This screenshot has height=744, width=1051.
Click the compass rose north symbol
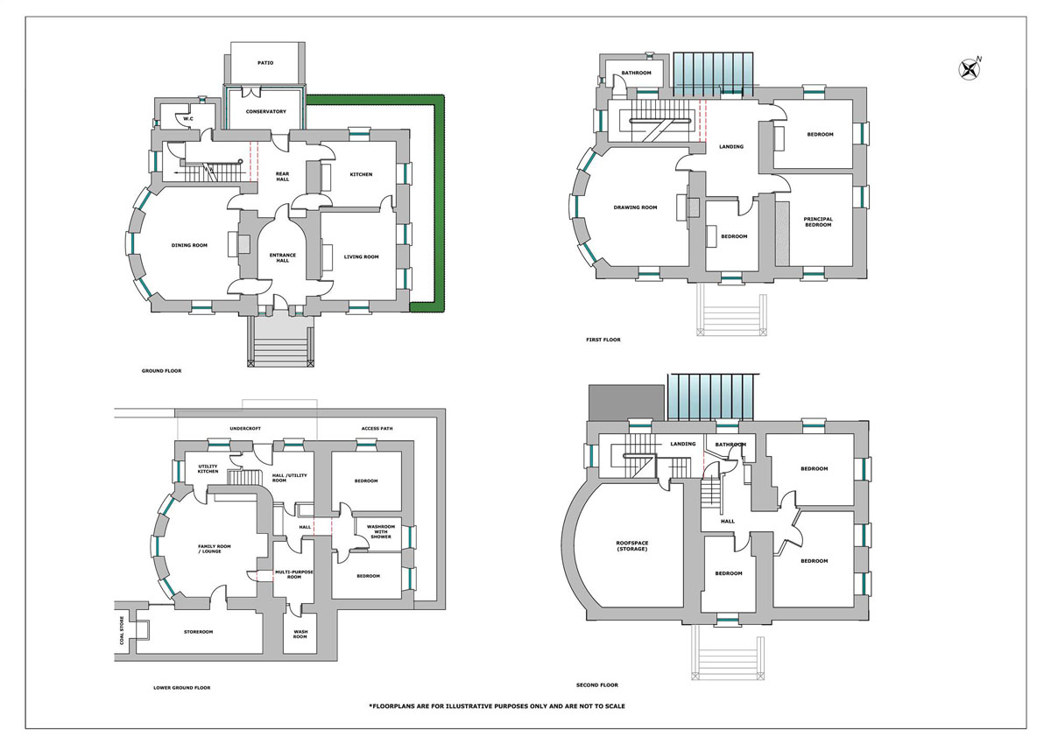click(x=970, y=70)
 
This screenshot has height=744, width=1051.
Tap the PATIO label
click(x=265, y=63)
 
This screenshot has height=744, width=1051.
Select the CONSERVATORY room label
click(x=266, y=111)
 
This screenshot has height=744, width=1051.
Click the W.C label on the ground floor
click(x=188, y=119)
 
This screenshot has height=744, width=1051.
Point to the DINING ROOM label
click(x=189, y=245)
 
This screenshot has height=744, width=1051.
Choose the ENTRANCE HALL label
click(x=282, y=258)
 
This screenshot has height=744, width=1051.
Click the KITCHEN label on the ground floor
click(x=361, y=174)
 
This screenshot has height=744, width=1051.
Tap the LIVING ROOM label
click(x=361, y=257)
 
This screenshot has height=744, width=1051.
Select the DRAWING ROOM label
click(x=635, y=207)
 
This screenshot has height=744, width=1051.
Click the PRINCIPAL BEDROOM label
click(x=818, y=221)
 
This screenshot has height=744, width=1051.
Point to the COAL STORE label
click(x=122, y=630)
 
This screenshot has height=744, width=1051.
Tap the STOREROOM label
click(x=199, y=632)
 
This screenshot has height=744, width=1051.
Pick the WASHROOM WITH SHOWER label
click(x=381, y=531)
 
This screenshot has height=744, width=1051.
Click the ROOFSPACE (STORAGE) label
click(x=632, y=545)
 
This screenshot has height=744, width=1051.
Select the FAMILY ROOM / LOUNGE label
click(x=214, y=549)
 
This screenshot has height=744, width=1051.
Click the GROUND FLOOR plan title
click(x=161, y=371)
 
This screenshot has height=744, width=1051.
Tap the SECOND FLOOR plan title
click(x=597, y=685)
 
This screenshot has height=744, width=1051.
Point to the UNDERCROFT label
click(x=245, y=429)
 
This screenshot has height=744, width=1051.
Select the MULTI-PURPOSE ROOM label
click(x=294, y=574)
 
